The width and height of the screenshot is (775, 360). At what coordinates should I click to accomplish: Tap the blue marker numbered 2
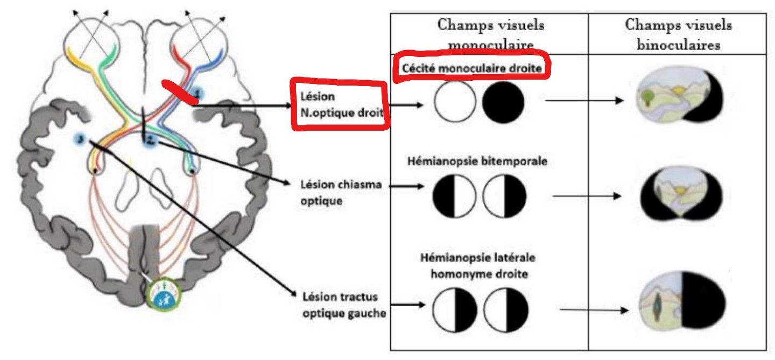[150, 140]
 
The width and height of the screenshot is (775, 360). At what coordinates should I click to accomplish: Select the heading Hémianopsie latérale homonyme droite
[478, 265]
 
